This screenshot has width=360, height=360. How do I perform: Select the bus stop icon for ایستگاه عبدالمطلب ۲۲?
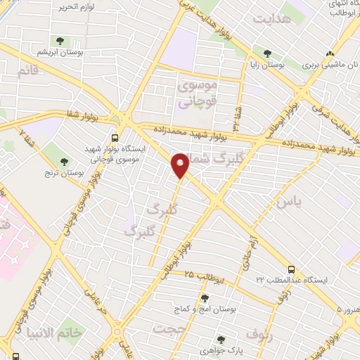(290, 269)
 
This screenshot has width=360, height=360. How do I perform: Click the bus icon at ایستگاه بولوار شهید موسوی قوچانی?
(115, 137)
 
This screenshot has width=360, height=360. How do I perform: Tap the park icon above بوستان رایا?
(267, 53)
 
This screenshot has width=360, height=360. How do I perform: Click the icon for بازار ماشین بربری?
(329, 53)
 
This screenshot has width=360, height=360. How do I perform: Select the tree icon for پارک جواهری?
(221, 339)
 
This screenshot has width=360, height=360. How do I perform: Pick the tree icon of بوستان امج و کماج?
(205, 299)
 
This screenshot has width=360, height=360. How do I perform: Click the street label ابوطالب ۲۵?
(204, 276)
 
